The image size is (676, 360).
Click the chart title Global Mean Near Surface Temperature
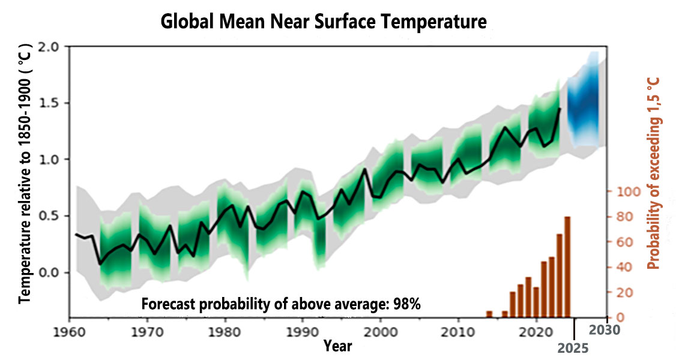click(x=324, y=21)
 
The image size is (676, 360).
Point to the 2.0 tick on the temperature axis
click(x=54, y=47)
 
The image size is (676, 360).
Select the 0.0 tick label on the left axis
click(x=54, y=273)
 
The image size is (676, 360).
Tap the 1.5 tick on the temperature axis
click(x=54, y=103)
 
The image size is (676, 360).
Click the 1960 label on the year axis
click(x=70, y=333)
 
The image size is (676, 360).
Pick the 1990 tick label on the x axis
click(x=303, y=333)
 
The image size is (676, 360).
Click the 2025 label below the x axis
click(x=573, y=348)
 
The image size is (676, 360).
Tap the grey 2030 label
click(x=605, y=330)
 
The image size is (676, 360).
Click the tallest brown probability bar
click(x=567, y=267)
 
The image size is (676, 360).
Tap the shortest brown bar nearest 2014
click(x=489, y=314)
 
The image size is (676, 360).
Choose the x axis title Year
click(x=338, y=346)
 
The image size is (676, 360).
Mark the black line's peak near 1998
click(x=365, y=169)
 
